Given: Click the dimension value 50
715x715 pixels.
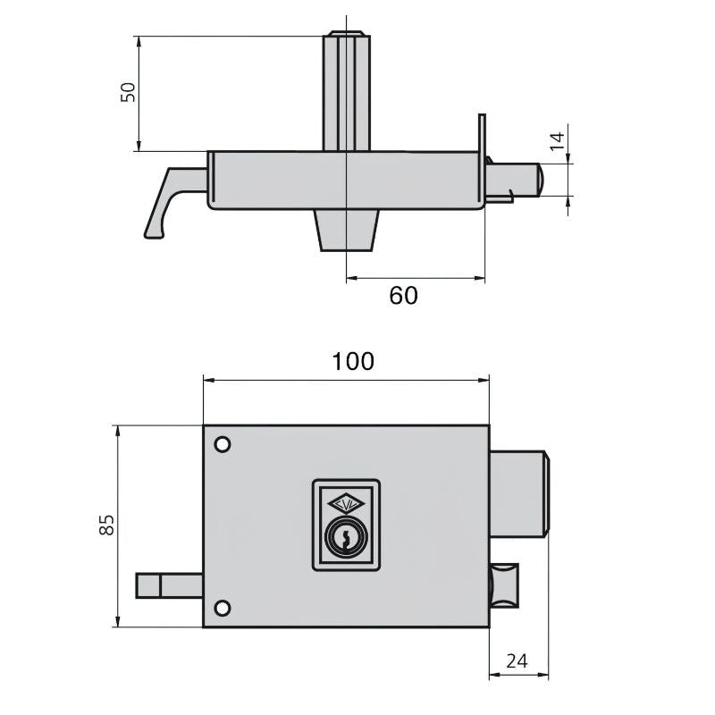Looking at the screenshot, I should tap(129, 92).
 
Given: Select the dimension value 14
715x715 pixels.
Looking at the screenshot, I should tap(556, 141).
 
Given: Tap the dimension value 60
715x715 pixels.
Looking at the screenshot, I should tap(403, 296).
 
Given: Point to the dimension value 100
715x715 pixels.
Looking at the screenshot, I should tap(353, 361).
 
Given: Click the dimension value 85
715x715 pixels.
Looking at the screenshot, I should tap(106, 525).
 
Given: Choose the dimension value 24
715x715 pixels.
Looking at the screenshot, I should tap(517, 661).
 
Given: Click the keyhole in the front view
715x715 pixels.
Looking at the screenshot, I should tap(346, 538).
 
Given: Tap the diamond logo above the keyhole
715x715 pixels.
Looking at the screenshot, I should tap(346, 504).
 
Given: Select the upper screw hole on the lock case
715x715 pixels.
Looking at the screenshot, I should tap(223, 444).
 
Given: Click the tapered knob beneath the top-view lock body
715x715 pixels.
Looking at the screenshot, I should tap(346, 231).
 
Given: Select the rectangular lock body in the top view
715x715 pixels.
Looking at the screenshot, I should tap(345, 180).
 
